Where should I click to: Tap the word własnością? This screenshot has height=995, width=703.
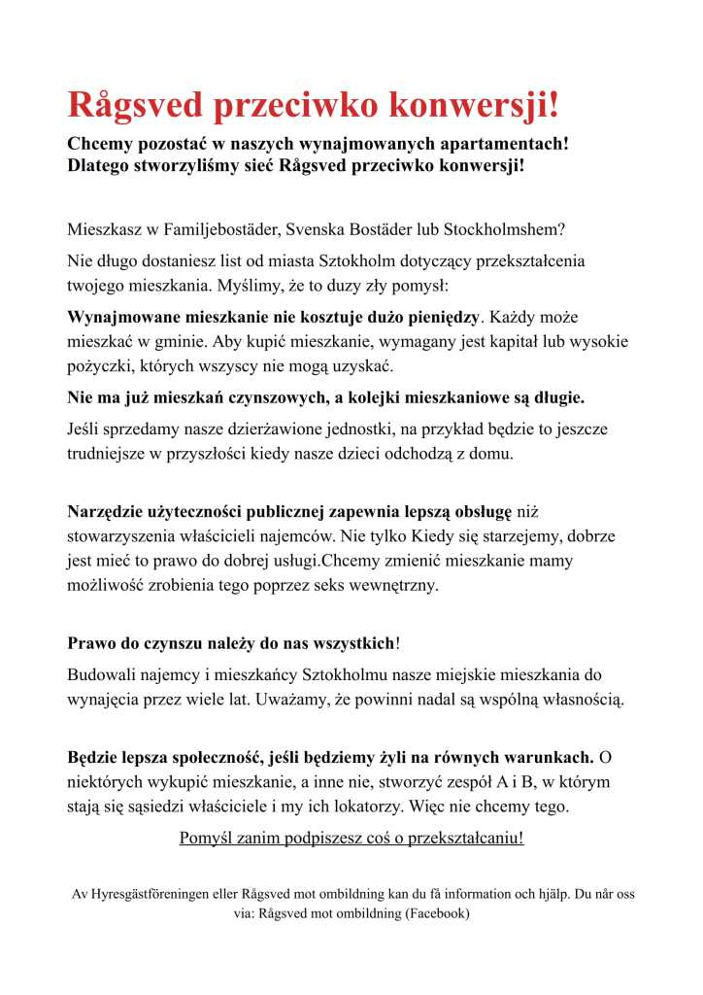(576, 699)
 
